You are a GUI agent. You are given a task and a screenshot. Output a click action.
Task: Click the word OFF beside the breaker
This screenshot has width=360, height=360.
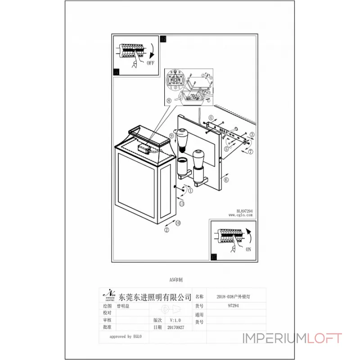coord(150,63)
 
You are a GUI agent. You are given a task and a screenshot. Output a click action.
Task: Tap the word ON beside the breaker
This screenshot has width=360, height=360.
coord(248,249)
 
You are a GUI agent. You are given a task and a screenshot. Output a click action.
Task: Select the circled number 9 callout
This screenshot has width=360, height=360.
coord(172,135)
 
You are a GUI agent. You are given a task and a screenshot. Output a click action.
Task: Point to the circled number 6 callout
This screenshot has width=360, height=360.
coord(225,180)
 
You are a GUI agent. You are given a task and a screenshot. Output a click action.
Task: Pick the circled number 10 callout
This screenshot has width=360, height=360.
coord(178,223)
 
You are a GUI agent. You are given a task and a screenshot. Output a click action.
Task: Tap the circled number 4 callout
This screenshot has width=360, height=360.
coord(211,118)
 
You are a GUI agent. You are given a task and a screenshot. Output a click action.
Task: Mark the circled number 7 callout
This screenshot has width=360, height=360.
coord(251,151)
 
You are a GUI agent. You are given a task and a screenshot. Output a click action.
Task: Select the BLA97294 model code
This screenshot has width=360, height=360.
coord(244,210)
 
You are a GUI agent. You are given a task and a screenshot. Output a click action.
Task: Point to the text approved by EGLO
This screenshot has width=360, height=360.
coord(127,336)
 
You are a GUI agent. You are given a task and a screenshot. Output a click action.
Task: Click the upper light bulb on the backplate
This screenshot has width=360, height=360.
coord(182,139)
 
